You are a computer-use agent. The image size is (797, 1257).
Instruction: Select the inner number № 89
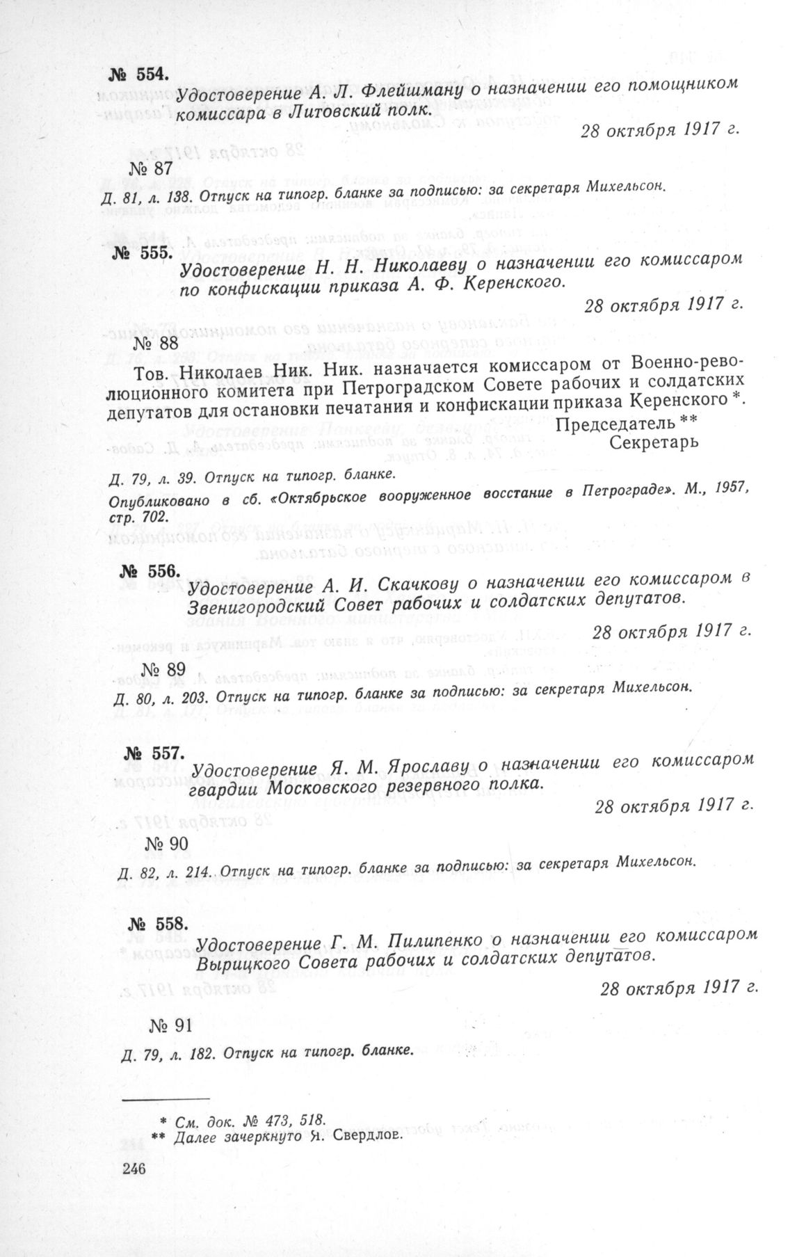[x=164, y=669]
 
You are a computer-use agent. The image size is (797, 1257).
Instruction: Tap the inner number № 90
[x=167, y=844]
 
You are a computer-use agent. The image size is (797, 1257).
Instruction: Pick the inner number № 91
[x=171, y=1025]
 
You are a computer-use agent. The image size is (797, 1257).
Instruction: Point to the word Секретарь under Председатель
[x=653, y=442]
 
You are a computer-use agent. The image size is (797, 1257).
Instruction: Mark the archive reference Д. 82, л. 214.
[x=166, y=872]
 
